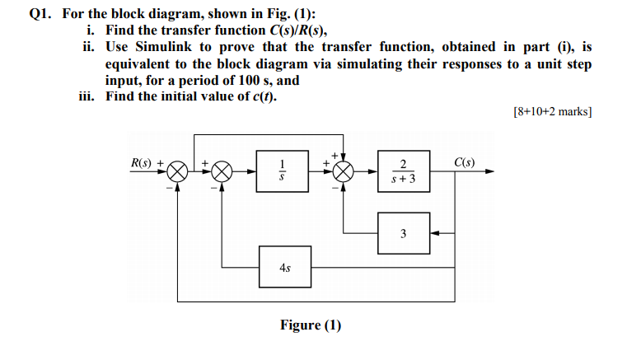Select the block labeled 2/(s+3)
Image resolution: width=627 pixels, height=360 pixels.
[402, 171]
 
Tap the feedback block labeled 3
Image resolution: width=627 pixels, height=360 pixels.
[402, 233]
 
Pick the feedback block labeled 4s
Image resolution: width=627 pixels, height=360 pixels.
[283, 268]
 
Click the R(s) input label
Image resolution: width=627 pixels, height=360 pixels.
[143, 161]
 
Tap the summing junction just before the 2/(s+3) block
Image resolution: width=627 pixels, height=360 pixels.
[344, 171]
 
